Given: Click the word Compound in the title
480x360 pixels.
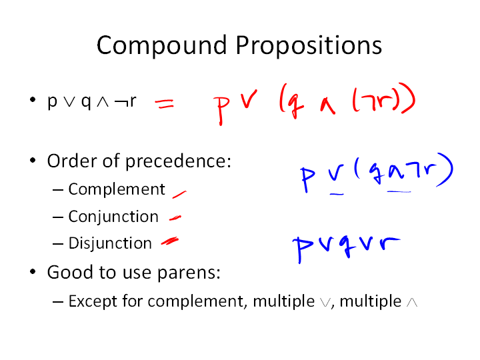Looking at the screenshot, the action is click(x=161, y=45).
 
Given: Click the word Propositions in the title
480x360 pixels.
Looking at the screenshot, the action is click(x=309, y=45).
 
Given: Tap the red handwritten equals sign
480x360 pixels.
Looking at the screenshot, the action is click(x=165, y=103).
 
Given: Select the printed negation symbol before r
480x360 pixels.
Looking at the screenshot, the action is click(x=121, y=102).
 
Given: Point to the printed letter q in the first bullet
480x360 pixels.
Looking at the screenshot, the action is click(x=86, y=102).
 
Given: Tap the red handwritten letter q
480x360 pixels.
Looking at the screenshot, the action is click(x=295, y=105).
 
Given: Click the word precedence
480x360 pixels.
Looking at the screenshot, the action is click(x=178, y=161).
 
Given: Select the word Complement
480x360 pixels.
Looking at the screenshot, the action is click(x=117, y=189).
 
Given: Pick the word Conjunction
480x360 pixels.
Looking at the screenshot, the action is click(x=113, y=217).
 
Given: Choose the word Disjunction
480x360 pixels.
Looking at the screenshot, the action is click(x=110, y=243).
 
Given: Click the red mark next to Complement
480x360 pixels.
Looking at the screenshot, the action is click(x=179, y=195).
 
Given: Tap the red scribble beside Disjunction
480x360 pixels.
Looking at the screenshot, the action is click(x=170, y=241).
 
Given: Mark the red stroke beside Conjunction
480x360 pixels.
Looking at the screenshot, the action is click(x=175, y=218).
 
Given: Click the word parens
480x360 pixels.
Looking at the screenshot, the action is click(x=189, y=273).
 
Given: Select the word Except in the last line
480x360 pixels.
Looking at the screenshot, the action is click(x=93, y=301).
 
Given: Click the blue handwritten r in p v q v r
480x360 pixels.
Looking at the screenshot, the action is click(x=389, y=243).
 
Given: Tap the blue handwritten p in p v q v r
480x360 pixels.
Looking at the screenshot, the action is click(x=303, y=249).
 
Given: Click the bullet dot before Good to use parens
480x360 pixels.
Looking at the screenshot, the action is click(x=33, y=271).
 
